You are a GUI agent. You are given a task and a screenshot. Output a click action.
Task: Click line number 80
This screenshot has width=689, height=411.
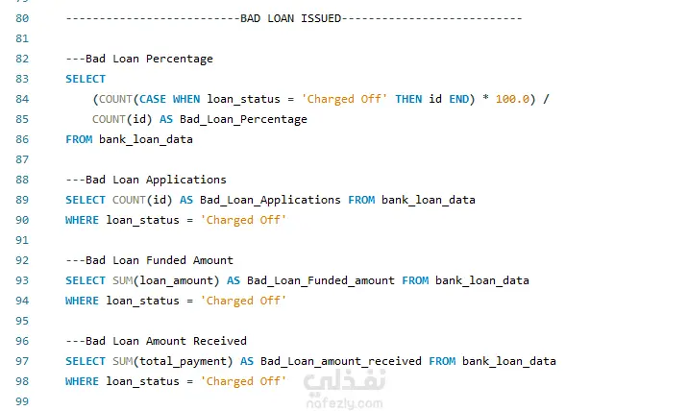coord(22,18)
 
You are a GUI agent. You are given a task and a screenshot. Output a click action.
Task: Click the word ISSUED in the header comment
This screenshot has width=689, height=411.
coord(321,18)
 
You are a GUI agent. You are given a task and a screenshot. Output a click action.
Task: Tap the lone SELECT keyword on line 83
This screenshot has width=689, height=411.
coord(86,79)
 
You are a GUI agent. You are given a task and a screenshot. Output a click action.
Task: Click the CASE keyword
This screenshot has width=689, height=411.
coord(153,99)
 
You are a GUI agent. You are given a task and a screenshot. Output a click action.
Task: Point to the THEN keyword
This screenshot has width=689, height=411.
coord(408,99)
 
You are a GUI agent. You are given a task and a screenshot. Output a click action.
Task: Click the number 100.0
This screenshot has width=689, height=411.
coord(512,99)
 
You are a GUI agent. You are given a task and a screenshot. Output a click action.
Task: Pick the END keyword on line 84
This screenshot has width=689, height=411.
coord(458,99)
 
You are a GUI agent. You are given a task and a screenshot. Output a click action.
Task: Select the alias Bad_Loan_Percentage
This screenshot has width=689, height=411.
coord(243,119)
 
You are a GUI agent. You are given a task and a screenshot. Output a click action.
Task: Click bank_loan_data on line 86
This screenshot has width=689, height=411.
coord(146,139)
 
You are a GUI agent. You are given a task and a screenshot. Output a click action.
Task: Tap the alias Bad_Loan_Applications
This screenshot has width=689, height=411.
coord(270,201)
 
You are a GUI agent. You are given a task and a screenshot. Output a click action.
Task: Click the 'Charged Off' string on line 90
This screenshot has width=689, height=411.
coord(243,220)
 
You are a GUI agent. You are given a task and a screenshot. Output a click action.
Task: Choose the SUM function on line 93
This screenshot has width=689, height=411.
coord(123,280)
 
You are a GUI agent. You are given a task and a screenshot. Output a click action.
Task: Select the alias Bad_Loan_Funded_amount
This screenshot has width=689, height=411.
coord(321,280)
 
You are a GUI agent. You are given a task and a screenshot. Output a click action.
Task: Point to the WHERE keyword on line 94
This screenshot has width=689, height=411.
coord(83,301)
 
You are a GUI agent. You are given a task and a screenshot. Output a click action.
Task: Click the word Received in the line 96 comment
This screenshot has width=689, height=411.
coord(220,341)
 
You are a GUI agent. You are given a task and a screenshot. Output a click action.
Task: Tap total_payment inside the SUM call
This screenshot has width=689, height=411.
coord(183,361)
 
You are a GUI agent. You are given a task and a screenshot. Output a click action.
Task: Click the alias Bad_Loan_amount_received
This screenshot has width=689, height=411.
coord(341,361)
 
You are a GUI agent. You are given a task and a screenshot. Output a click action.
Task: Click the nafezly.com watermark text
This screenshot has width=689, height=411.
coord(344,403)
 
